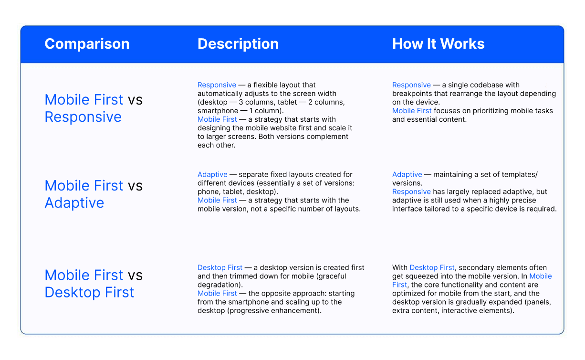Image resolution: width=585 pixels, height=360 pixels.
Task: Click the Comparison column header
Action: pyautogui.click(x=87, y=44)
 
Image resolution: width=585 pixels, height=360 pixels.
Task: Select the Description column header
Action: pyautogui.click(x=238, y=44)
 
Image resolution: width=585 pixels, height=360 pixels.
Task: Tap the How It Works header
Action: pyautogui.click(x=438, y=44)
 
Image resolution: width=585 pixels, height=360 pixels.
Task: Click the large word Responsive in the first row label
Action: pyautogui.click(x=83, y=117)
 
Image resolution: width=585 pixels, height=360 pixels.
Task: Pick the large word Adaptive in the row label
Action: pyautogui.click(x=74, y=203)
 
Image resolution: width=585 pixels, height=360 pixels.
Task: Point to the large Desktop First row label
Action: pyautogui.click(x=89, y=292)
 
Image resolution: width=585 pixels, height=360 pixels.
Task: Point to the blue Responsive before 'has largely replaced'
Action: pyautogui.click(x=411, y=192)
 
